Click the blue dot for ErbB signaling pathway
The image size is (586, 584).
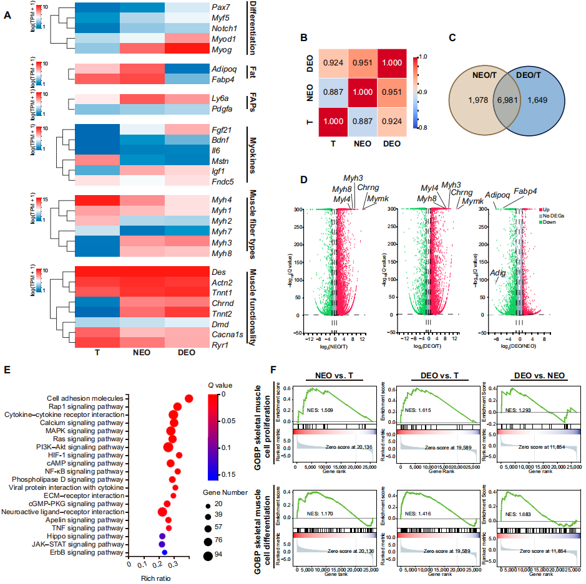[164, 552]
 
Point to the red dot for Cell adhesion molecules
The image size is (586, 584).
[188, 398]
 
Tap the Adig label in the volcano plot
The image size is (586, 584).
[498, 272]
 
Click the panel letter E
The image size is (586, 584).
[8, 369]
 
